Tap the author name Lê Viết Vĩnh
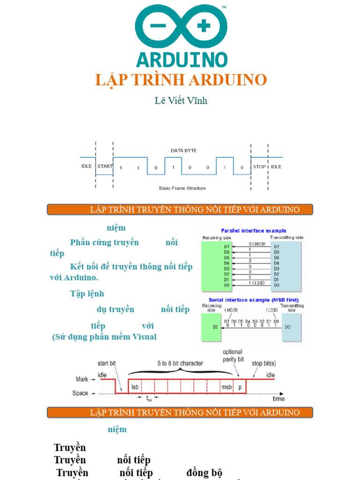pos(181,100)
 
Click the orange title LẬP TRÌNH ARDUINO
pos(181,80)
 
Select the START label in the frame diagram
pos(105,166)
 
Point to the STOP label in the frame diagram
pos(259,166)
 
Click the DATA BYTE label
pos(183,150)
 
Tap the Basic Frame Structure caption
pos(182,188)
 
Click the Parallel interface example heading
pos(254,231)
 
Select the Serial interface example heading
pos(250,300)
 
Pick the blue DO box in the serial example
pos(291,327)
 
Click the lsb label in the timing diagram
pos(135,387)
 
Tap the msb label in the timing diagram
pos(226,387)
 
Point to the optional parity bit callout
pos(233,355)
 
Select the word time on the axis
pos(278,399)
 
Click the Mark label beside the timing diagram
pos(82,379)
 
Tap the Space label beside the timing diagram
pos(80,393)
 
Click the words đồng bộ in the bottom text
pos(204,472)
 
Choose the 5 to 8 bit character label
pos(180,363)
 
